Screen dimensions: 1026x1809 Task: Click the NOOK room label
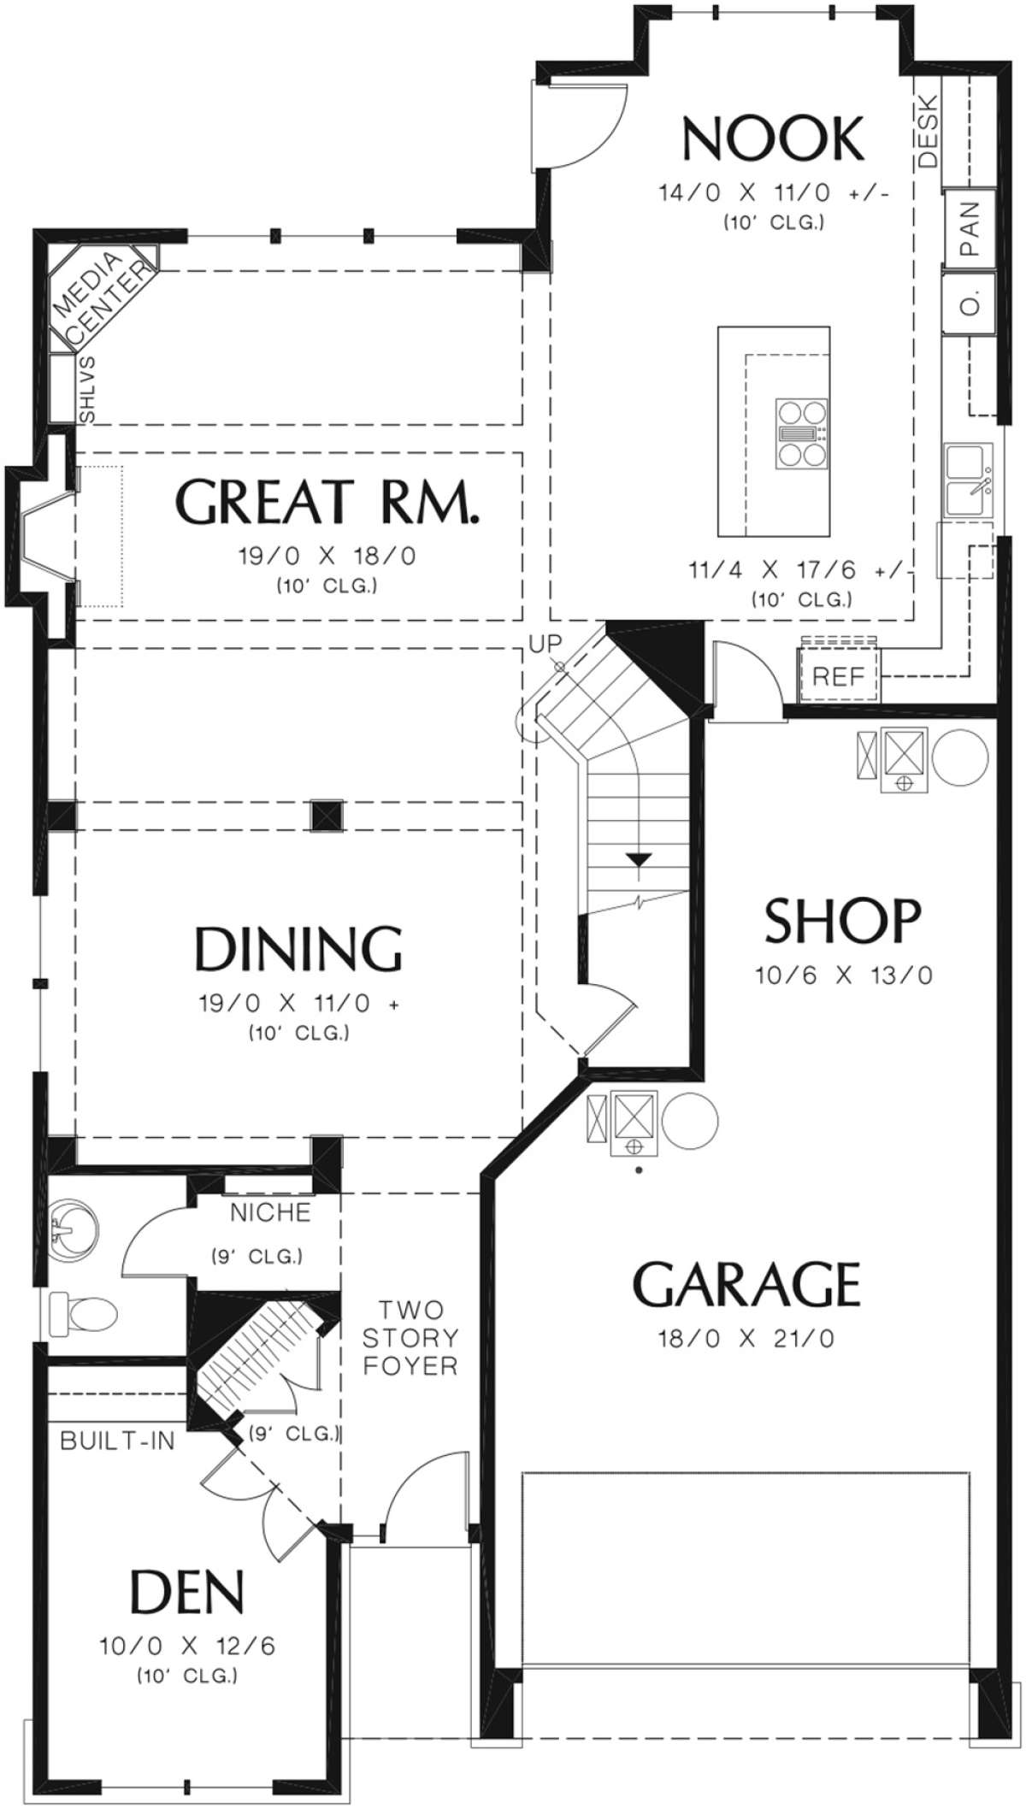coord(774,139)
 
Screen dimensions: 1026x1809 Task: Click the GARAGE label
coord(746,1284)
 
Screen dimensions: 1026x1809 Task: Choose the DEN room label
coord(187,1591)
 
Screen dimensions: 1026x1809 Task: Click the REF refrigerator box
coord(839,677)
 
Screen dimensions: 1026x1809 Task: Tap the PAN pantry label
coord(970,228)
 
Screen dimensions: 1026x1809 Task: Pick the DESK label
coord(929,132)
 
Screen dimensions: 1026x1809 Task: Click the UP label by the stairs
coord(545,644)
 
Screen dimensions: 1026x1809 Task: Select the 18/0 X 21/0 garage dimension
coord(746,1338)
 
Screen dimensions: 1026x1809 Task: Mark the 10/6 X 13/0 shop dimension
coord(844,975)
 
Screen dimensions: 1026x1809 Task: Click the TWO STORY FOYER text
coord(410,1337)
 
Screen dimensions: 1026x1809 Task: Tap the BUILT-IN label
coord(118,1441)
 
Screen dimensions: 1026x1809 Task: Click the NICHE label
coord(270,1211)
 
